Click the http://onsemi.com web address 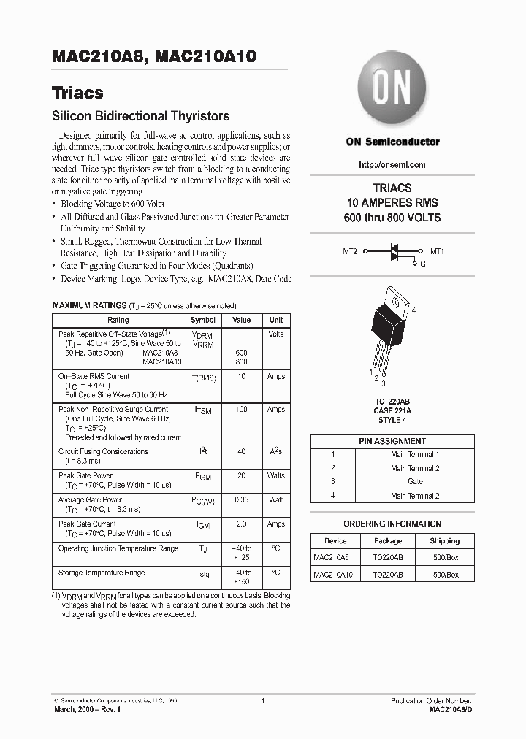[392, 165]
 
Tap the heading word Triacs [77, 93]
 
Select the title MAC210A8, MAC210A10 [153, 55]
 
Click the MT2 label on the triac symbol [350, 251]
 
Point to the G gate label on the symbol [422, 264]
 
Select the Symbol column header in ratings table [202, 320]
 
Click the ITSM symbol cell [202, 411]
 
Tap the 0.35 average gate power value [241, 500]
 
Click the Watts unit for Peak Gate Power [275, 475]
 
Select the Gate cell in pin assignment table [415, 482]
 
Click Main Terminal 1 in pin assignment [415, 454]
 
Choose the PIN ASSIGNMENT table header [392, 441]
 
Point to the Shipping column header [444, 541]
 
